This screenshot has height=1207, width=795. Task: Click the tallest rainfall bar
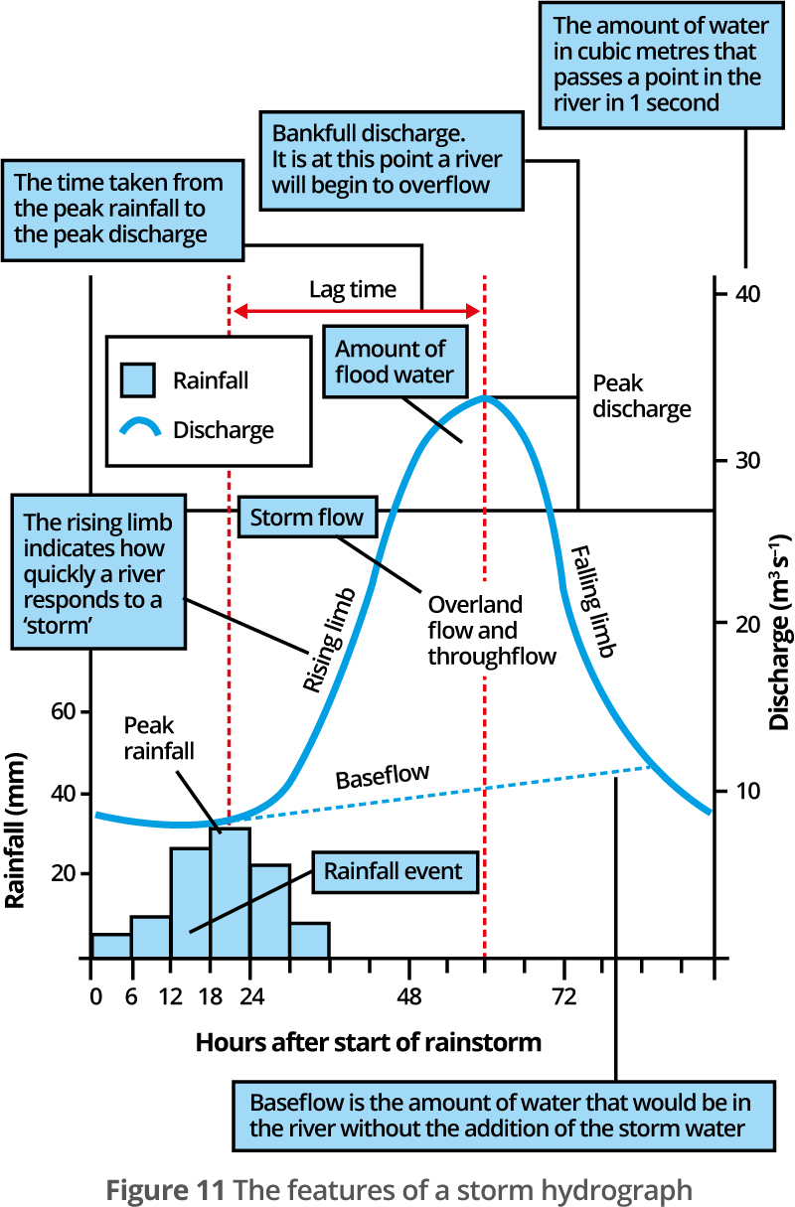point(231,893)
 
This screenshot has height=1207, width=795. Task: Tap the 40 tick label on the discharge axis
point(747,294)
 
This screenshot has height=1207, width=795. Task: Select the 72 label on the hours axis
point(564,997)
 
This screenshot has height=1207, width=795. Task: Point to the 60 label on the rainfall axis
point(63,712)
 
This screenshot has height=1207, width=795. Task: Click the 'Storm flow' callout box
point(308,518)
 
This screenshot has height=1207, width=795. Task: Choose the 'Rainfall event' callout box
point(396,872)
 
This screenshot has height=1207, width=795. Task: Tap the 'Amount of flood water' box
point(396,362)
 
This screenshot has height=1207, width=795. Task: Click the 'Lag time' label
point(353,290)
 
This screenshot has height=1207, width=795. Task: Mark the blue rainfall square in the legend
point(138,380)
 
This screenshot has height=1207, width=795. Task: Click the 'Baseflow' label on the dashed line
point(383,777)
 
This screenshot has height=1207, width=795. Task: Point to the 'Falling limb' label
point(593,601)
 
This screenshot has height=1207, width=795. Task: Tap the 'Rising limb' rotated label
point(329,640)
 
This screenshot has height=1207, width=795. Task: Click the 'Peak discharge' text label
point(642,396)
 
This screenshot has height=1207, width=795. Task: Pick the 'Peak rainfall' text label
point(159,738)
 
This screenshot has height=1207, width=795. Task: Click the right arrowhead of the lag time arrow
point(473,311)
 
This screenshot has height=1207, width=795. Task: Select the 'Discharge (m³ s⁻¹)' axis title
point(779,632)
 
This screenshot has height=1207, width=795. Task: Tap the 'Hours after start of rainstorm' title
point(369,1043)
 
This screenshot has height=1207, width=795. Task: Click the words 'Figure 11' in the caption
point(165,1190)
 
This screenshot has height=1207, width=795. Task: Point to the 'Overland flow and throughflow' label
point(492,631)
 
